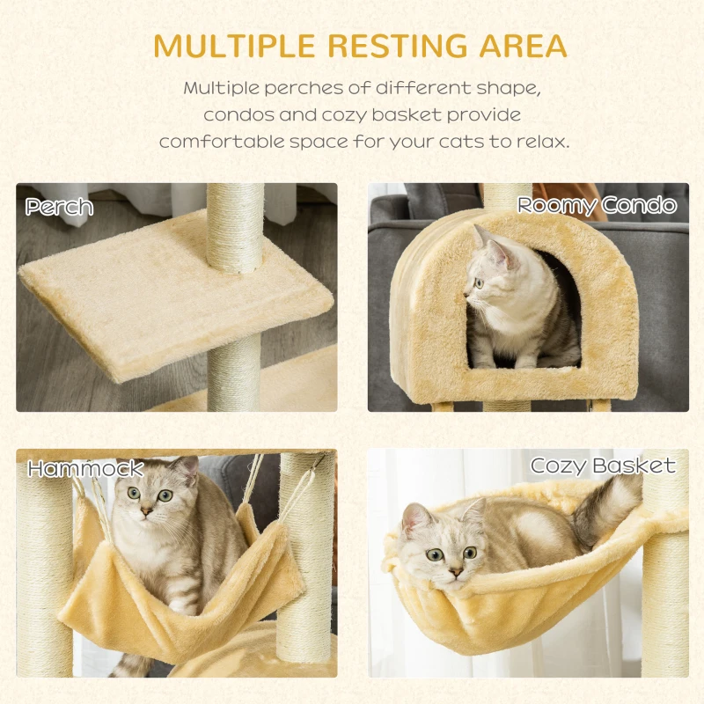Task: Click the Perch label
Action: (59, 207)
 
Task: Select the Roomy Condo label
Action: (597, 206)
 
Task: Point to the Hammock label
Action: (84, 468)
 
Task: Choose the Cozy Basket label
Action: (603, 466)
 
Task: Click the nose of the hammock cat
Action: (150, 508)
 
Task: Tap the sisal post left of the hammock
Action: (44, 572)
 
